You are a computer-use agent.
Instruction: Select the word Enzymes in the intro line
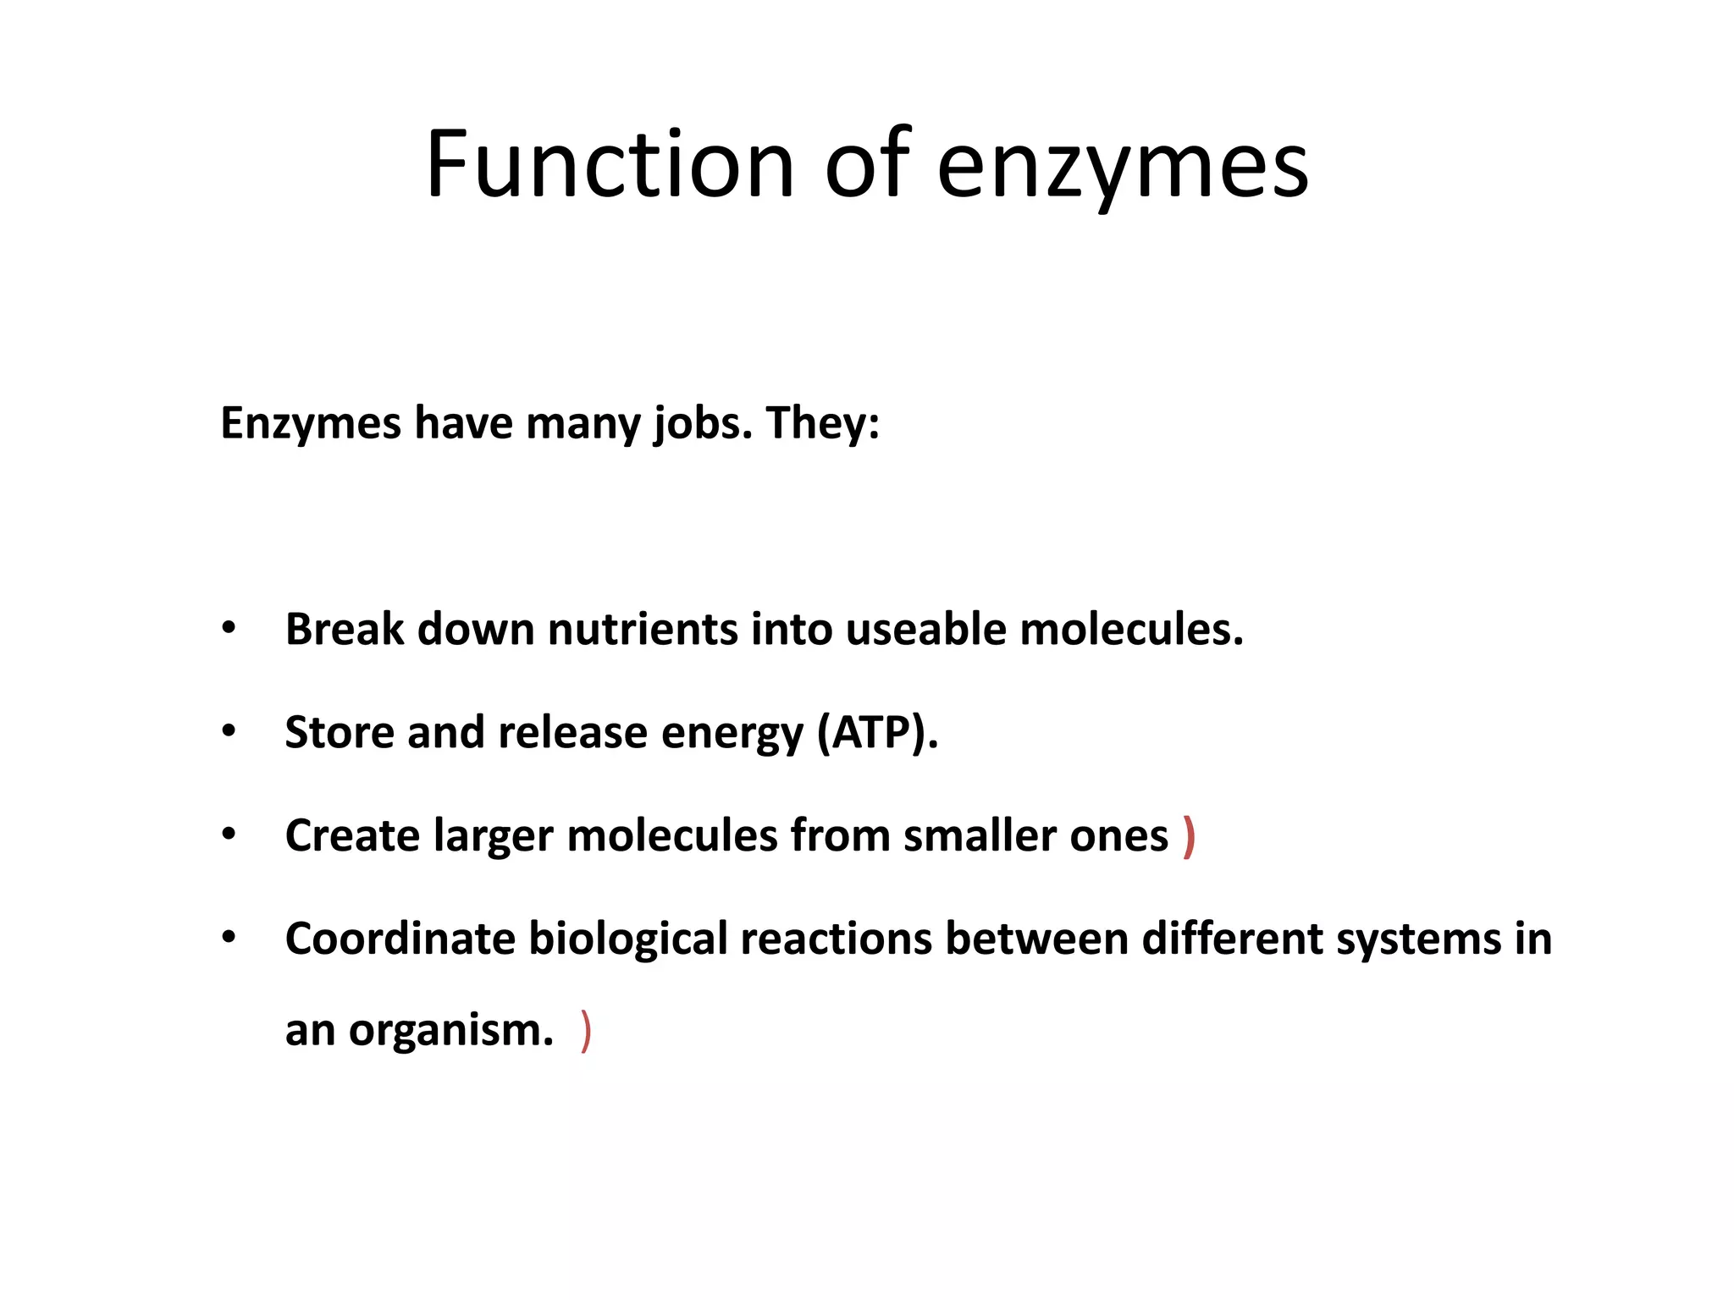click(311, 423)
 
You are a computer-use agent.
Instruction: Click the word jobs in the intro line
click(702, 423)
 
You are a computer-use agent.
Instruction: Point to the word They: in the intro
click(822, 423)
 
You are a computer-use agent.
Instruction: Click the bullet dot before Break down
click(229, 629)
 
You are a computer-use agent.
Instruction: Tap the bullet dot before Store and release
click(229, 732)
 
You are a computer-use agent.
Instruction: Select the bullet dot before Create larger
click(229, 835)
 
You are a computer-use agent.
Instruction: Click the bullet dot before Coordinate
click(229, 938)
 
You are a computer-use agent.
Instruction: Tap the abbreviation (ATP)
click(877, 733)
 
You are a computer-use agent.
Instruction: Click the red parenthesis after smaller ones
click(1190, 837)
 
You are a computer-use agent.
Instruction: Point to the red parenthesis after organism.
click(586, 1031)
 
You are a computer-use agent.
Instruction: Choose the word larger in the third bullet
click(494, 837)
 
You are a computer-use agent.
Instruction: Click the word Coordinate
click(400, 939)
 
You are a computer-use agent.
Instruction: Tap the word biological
click(628, 939)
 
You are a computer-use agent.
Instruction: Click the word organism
click(450, 1031)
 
